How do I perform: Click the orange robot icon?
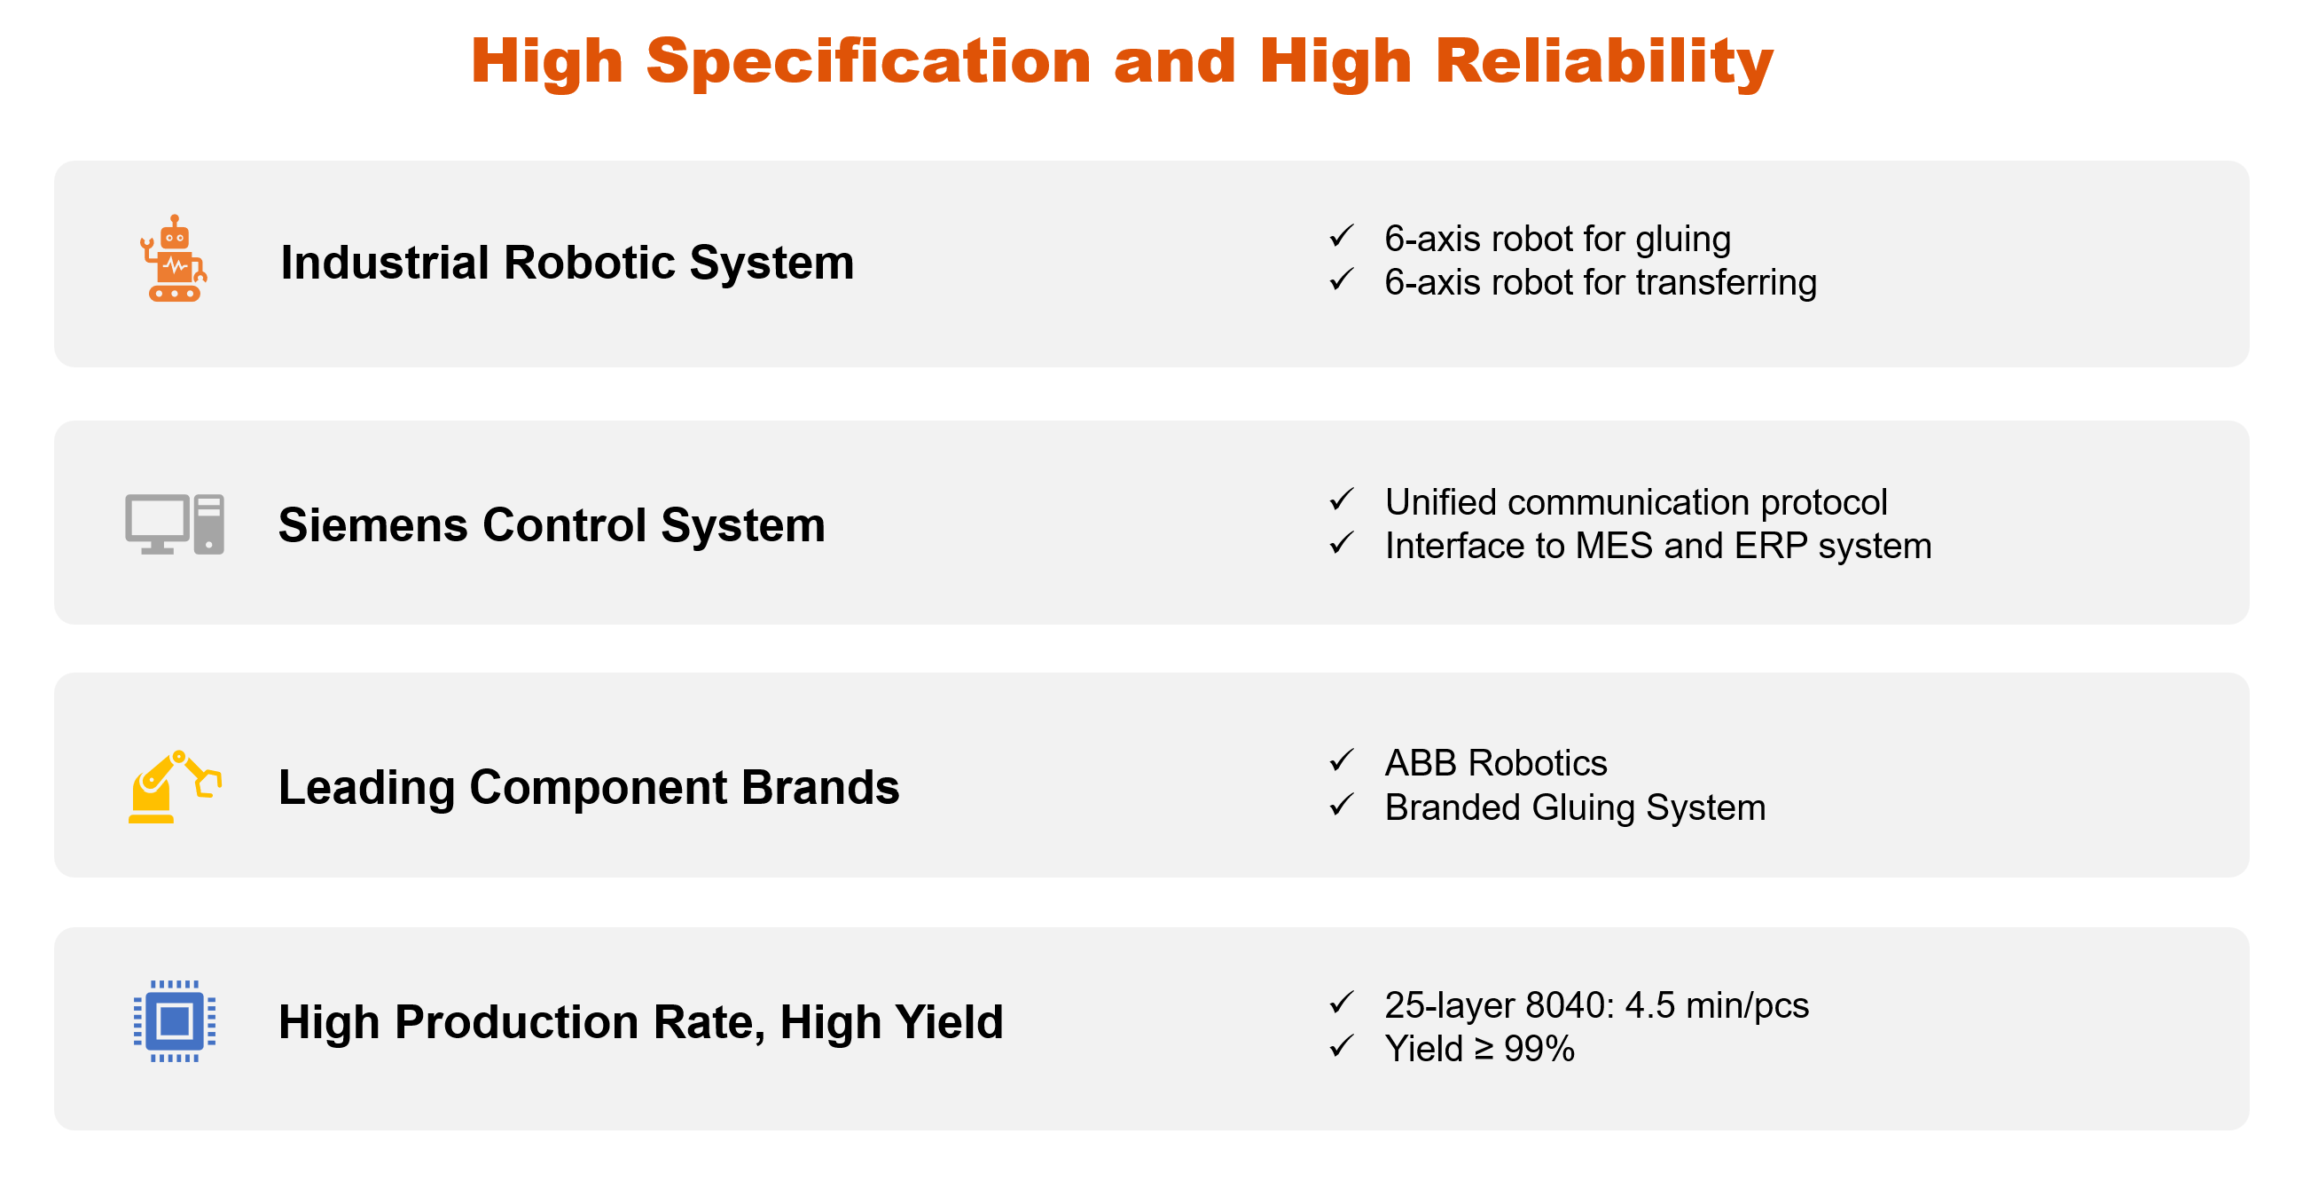coord(174,258)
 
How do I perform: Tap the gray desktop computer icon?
coord(175,524)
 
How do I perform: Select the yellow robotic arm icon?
coord(175,786)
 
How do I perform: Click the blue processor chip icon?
coord(175,1020)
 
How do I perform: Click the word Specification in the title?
coord(868,62)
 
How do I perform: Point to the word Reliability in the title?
coord(1603,62)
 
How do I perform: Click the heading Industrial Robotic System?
coord(567,263)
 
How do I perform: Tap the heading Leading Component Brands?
coord(589,787)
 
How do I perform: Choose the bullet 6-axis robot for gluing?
coord(1558,239)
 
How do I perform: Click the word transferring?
coord(1726,283)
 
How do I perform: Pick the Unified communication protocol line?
coord(1636,502)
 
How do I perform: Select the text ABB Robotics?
coord(1496,762)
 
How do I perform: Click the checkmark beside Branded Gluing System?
coord(1342,804)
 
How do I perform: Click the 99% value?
coord(1539,1049)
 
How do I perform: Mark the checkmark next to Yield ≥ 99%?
coord(1342,1045)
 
